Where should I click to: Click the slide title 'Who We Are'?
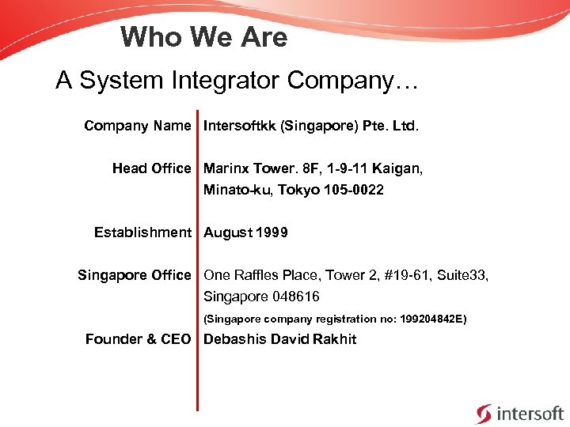tap(204, 37)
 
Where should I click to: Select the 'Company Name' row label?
tap(138, 126)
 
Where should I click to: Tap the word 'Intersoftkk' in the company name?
tap(238, 126)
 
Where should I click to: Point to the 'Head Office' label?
tap(151, 168)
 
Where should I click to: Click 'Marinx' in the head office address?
tap(226, 168)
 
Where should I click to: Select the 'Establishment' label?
tap(142, 232)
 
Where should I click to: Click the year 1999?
tap(272, 232)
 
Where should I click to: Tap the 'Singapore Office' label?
tap(134, 275)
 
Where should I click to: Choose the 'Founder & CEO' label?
tap(138, 339)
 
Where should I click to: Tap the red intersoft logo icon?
tap(483, 413)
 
